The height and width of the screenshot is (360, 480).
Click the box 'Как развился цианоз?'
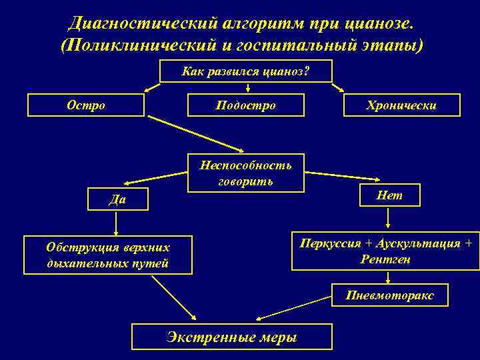pos(246,71)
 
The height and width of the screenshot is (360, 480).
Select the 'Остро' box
pos(86,105)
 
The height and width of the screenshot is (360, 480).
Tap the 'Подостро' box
pos(246,105)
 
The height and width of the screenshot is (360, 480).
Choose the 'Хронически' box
pos(401,105)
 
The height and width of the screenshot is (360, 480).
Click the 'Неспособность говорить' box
pos(246,173)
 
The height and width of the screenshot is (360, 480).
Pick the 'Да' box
pos(117,199)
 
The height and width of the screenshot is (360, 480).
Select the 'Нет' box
pos(389,194)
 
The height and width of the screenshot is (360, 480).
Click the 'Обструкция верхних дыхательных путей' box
pos(108,255)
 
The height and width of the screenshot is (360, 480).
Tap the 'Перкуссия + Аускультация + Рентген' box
pos(385,251)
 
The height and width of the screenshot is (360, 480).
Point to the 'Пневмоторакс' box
pos(390,295)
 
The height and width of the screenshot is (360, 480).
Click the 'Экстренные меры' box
pos(231,337)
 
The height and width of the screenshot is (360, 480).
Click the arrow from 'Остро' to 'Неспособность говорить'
pos(197,134)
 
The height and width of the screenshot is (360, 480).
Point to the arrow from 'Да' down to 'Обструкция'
pos(117,222)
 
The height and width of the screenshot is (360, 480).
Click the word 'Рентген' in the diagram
pos(385,259)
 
